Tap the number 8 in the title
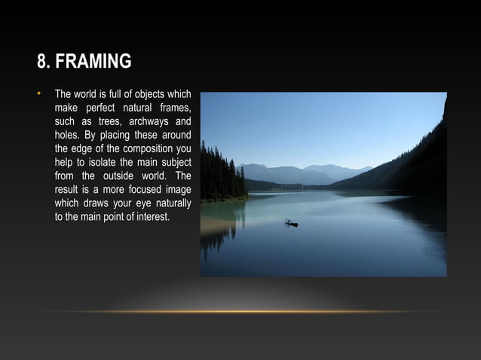42,61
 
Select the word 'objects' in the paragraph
147,95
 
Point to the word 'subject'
175,163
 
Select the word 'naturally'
172,203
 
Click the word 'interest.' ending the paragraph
151,217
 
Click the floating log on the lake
290,223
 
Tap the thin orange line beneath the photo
240,312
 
